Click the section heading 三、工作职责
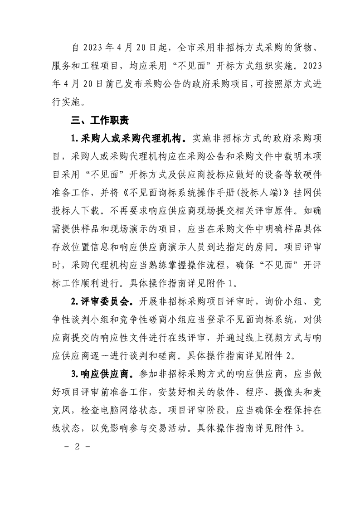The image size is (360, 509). point(98,121)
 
